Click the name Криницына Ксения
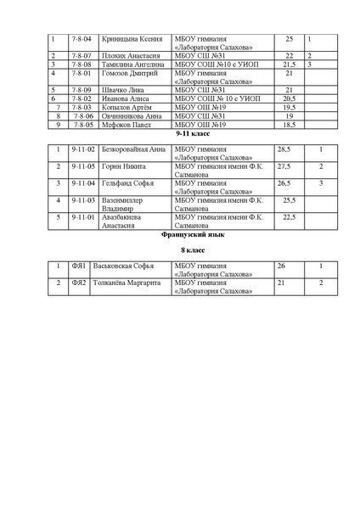pos(130,39)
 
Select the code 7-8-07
pos(82,55)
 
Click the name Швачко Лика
pos(121,89)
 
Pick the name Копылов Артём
pos(127,108)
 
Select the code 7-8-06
pos(82,116)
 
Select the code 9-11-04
pos(83,183)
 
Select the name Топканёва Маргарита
pos(134,282)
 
